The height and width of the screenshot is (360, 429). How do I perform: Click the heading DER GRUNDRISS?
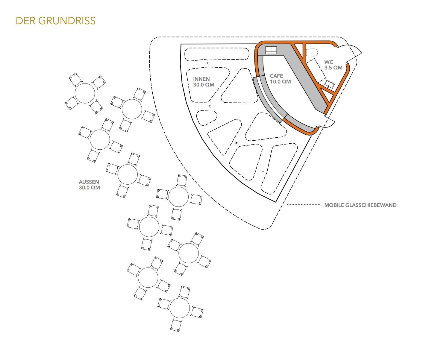tap(56, 21)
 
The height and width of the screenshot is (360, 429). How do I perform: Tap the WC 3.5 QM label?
tap(333, 65)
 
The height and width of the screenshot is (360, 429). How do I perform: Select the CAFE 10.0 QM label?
tap(280, 79)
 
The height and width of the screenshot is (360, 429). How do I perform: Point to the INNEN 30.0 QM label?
tap(204, 82)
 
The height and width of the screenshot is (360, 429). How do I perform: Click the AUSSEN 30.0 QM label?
tap(90, 185)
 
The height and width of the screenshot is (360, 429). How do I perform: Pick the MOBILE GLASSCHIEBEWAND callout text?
tap(360, 205)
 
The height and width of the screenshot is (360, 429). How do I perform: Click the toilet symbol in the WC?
tap(312, 52)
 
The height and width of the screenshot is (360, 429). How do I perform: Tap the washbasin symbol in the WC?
tap(329, 84)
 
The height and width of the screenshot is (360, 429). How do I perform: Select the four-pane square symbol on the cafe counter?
tap(271, 50)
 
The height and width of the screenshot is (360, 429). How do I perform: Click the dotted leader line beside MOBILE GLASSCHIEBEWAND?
tap(304, 205)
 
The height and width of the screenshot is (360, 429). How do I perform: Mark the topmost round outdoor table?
tap(85, 93)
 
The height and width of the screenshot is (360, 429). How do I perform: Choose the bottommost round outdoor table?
tap(180, 308)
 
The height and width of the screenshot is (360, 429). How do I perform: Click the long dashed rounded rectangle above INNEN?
tap(217, 54)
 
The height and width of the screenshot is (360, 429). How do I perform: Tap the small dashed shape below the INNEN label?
tap(206, 118)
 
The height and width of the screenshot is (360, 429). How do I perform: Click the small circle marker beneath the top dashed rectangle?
tap(208, 63)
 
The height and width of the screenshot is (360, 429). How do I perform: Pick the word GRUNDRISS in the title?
tap(67, 21)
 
